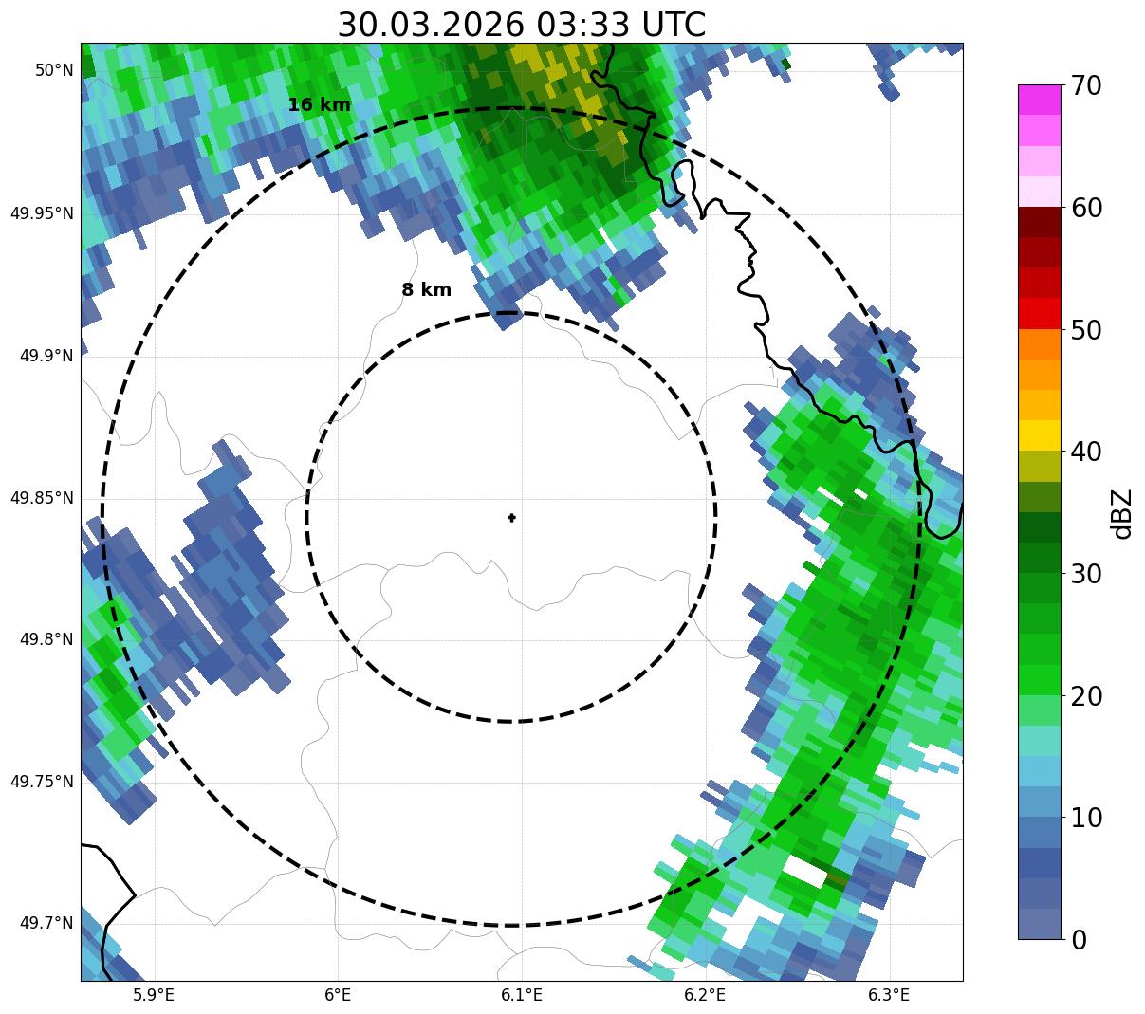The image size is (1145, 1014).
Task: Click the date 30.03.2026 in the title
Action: (430, 25)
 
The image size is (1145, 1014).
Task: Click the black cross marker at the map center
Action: (512, 518)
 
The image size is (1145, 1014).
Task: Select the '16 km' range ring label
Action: (320, 105)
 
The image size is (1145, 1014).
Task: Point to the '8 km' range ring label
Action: (427, 290)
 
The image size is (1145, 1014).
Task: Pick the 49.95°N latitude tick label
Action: (42, 213)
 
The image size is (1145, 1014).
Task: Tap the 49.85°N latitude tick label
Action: (42, 498)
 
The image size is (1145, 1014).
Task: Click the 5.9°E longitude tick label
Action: (154, 995)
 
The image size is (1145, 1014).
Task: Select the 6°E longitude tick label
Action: (338, 995)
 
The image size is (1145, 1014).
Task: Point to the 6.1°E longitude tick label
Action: (522, 995)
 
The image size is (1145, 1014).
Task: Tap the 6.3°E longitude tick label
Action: (889, 995)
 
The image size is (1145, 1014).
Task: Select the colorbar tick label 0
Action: (1079, 940)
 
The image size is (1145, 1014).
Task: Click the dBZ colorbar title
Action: (1122, 513)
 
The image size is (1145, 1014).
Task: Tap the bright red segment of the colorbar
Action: (1040, 313)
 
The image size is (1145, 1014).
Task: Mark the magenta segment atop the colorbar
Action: (1040, 100)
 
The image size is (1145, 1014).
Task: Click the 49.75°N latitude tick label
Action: (42, 782)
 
